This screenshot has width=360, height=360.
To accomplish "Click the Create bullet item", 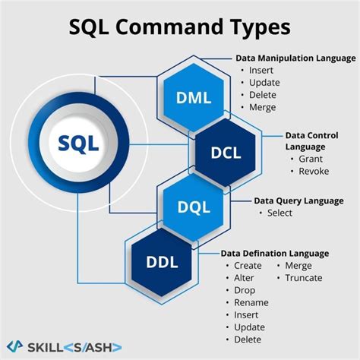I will (x=248, y=266).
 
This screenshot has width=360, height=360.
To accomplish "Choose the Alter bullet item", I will (x=245, y=278).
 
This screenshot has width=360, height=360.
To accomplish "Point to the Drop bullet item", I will (x=245, y=290).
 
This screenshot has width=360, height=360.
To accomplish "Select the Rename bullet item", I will (x=251, y=302).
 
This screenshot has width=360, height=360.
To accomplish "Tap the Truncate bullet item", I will (x=304, y=278).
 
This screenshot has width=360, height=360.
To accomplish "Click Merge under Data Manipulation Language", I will (x=263, y=107).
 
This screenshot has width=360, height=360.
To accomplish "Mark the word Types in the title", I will (x=254, y=28).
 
